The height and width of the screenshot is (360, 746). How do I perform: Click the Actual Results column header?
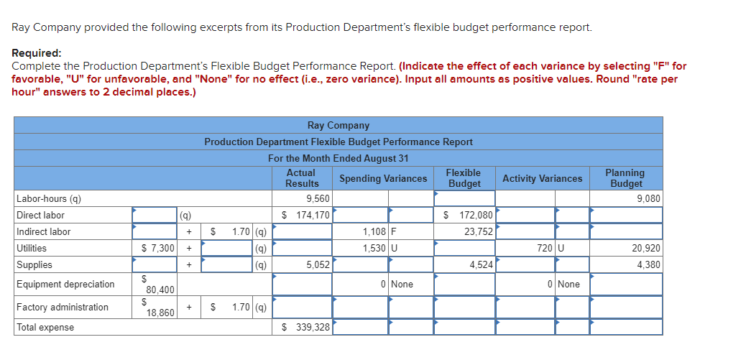coord(302,178)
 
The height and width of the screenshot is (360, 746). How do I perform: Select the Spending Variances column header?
coord(382,178)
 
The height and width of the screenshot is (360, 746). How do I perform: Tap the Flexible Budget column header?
coord(464,178)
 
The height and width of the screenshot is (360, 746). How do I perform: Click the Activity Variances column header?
coord(542,178)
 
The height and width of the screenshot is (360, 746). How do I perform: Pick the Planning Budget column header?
coord(625,178)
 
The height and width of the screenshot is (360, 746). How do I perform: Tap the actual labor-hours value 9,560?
coord(318,198)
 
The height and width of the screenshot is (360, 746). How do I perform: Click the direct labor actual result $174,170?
coord(306,215)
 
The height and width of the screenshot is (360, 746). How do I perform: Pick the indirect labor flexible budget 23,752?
coord(478,231)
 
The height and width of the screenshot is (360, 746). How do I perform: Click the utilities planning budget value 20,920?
coord(646,248)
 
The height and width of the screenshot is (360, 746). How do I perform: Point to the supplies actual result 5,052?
coord(318,264)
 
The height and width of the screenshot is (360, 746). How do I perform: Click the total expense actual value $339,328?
coord(306,327)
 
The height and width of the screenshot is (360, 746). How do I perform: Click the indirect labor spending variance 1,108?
coord(374,231)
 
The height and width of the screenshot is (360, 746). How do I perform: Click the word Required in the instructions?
coord(36,53)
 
